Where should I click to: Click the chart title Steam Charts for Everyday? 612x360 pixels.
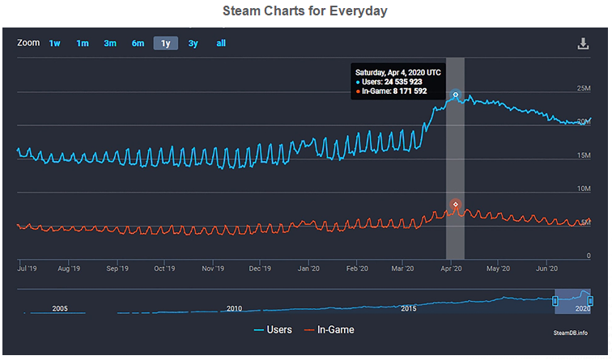(x=305, y=11)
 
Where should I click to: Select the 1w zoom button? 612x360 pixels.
(x=54, y=44)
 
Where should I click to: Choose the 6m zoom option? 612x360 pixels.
(x=138, y=44)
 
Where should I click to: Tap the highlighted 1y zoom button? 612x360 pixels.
(x=165, y=44)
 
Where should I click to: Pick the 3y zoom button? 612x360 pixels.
(x=193, y=44)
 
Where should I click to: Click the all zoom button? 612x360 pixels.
(x=220, y=44)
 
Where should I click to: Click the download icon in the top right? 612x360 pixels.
(x=583, y=44)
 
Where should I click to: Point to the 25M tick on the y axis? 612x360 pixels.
(x=583, y=88)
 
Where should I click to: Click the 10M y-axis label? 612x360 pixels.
(x=583, y=188)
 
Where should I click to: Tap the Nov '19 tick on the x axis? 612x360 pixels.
(x=213, y=267)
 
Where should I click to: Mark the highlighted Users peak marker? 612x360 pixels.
(x=456, y=95)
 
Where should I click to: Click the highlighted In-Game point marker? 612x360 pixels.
(x=456, y=204)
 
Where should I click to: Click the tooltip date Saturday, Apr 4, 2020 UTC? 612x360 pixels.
(x=397, y=72)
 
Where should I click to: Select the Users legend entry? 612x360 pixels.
(x=273, y=330)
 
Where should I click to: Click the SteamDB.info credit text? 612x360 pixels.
(x=572, y=332)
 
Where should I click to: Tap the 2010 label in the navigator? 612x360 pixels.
(x=234, y=308)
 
